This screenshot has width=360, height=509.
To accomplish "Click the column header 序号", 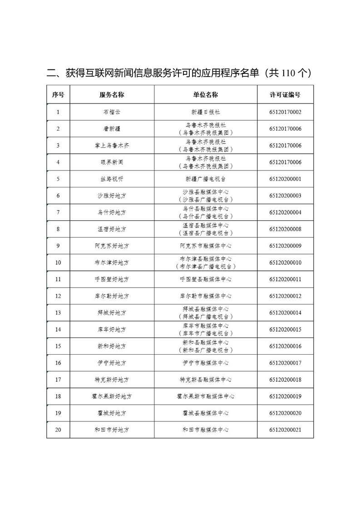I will [58, 95].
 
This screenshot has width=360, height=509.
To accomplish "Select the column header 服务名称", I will [112, 95].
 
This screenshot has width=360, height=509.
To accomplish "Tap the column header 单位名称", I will [205, 95].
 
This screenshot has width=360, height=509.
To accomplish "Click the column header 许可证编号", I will [285, 95].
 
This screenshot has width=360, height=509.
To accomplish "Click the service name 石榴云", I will [112, 112].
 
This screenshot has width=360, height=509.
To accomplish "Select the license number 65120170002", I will [285, 112].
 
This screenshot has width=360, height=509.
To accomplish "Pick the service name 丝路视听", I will [112, 179].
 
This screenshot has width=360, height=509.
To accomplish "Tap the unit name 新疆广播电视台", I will [205, 179].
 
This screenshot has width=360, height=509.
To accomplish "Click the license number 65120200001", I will [285, 179].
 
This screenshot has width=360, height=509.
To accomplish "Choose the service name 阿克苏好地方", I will [112, 246].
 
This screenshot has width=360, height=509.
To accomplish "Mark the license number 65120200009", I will [285, 246].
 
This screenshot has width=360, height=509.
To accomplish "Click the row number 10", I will [58, 263].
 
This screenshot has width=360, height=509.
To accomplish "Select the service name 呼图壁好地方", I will [112, 279].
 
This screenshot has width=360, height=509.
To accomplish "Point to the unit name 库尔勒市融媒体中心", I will [205, 296].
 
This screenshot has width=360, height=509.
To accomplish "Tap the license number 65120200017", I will [285, 363].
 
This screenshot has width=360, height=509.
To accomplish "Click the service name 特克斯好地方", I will [112, 380].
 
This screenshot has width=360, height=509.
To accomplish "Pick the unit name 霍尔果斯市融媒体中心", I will [205, 396].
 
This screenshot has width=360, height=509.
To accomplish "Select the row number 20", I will [58, 430].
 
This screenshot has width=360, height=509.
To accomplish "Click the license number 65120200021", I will [285, 430].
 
